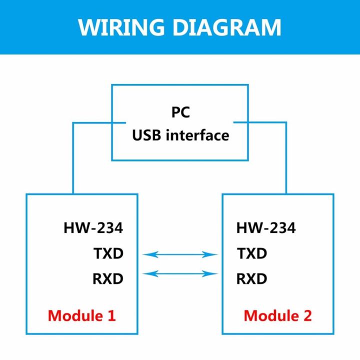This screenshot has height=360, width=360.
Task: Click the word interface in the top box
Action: [x=199, y=135]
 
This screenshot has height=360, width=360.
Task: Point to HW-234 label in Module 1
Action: [x=93, y=228]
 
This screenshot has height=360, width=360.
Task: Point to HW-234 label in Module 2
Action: [x=266, y=228]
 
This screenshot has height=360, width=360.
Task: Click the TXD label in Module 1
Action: [x=108, y=254]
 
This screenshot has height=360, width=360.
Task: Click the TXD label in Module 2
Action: [x=252, y=254]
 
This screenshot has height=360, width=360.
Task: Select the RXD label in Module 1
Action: [x=107, y=278]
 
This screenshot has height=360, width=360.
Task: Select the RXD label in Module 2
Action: [x=252, y=278]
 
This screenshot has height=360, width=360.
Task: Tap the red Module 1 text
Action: [x=81, y=315]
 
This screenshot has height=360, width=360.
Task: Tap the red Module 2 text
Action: [x=277, y=315]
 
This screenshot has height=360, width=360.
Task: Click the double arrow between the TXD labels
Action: [x=180, y=254]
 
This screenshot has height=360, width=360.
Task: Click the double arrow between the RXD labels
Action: [x=180, y=273]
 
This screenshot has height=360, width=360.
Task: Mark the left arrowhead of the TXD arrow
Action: [x=146, y=254]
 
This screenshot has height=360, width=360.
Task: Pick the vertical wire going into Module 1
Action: [x=73, y=160]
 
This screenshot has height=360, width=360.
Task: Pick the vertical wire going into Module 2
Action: [x=286, y=160]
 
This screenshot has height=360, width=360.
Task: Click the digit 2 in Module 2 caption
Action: [x=307, y=315]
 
